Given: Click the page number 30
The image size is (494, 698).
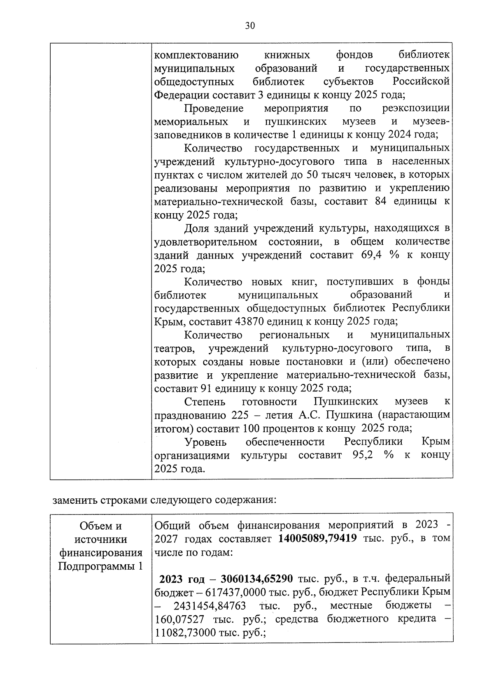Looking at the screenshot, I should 250,26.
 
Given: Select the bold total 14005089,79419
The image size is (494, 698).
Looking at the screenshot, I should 317,538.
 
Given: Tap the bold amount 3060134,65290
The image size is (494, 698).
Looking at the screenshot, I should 256,579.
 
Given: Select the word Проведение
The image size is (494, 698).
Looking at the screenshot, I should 214,108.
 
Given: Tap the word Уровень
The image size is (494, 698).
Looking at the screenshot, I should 205,442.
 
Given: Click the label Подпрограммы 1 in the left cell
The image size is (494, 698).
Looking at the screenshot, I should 100,566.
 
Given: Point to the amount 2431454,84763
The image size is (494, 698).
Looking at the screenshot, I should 210,606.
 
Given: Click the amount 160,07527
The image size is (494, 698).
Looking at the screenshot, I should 180,619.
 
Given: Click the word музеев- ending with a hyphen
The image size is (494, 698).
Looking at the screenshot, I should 431,122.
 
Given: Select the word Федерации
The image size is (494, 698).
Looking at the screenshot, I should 182,95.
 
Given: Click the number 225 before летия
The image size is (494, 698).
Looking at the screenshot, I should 240,415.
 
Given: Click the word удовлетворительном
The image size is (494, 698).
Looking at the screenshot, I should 205,242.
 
